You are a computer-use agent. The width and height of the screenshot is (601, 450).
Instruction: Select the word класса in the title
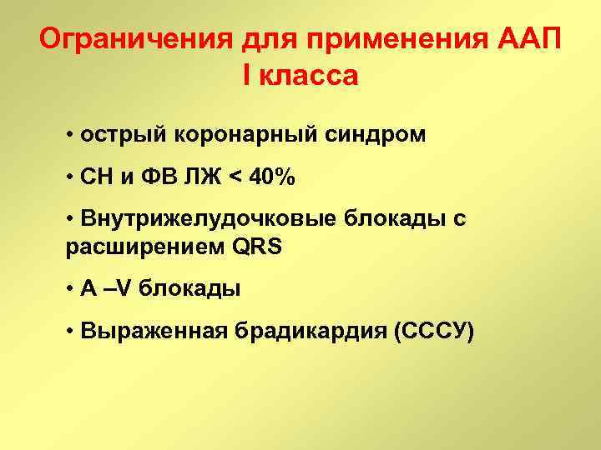point(311,76)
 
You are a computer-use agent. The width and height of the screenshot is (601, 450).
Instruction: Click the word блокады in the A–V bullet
point(189,289)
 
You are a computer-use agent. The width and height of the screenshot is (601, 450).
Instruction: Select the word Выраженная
point(146,332)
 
